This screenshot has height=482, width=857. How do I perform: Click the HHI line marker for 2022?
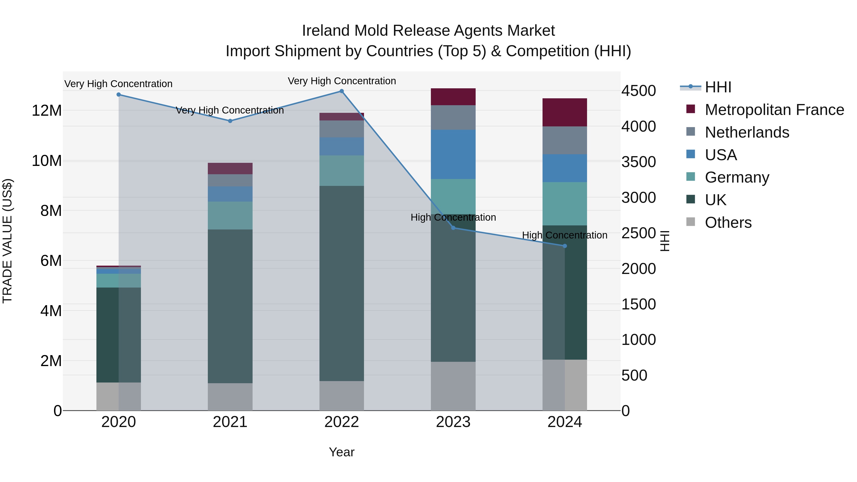pos(341,91)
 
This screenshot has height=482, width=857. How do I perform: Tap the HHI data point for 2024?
pos(565,246)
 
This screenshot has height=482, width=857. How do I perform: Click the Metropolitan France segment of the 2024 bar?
pos(565,112)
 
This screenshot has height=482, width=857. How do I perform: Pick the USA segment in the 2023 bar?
pos(453,154)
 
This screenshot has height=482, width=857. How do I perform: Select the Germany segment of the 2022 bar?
pos(341,171)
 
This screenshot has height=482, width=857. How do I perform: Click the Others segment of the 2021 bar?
pos(230,397)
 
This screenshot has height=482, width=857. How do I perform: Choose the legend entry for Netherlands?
pos(747,132)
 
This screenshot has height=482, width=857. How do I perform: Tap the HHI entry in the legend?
pos(718,87)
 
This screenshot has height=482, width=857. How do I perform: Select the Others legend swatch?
pos(691,222)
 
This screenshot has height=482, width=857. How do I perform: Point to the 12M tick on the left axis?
pos(47,110)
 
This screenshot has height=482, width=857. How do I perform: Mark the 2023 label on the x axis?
pos(453,422)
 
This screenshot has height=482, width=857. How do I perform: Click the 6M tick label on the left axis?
pos(51,261)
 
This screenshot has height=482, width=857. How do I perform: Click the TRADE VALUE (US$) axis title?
pos(7,241)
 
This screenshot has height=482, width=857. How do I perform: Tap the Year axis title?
pos(341,452)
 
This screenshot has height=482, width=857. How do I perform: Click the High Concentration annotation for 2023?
pos(453,217)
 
